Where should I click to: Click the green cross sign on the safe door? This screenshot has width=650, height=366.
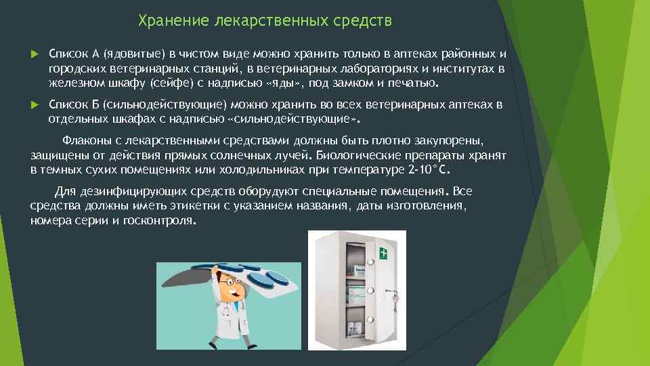click(x=384, y=254)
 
